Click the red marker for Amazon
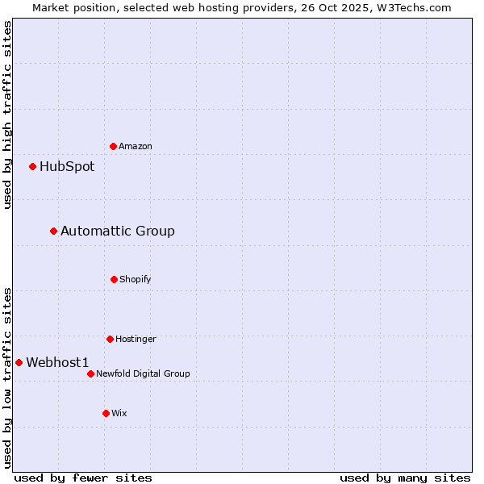113,146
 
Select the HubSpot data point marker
33,167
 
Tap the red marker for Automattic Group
54,232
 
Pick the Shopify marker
114,279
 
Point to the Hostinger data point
110,339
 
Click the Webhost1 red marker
19,363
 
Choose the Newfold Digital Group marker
90,373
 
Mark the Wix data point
106,413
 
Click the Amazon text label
136,146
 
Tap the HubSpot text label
67,167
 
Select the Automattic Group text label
118,232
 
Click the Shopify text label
136,279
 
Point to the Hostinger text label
136,339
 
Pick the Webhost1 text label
57,363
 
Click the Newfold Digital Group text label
143,373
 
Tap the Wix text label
119,413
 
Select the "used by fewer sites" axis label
83,478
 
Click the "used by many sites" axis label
405,478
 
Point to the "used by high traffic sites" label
7,115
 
